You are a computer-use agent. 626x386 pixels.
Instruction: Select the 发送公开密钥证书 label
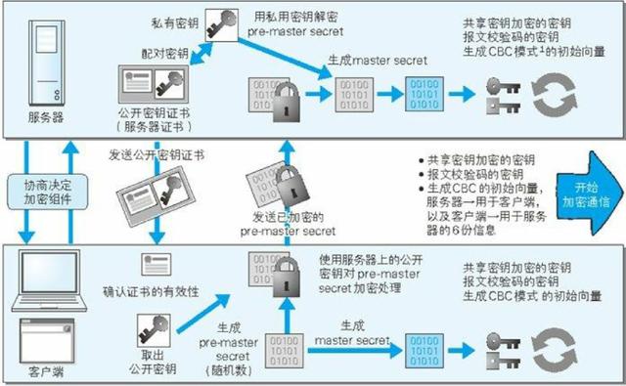coord(156,153)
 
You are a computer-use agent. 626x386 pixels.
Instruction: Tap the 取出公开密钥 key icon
coord(155,328)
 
